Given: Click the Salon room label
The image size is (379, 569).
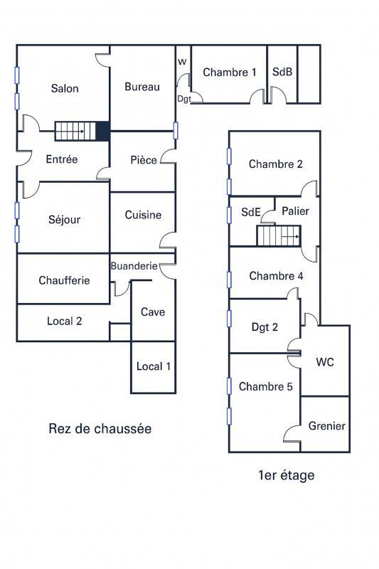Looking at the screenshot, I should [x=65, y=89].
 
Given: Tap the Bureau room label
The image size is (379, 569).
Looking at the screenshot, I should [x=142, y=87].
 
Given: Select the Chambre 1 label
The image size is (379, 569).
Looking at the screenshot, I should [x=230, y=72].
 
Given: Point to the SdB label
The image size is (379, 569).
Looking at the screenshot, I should [x=282, y=72].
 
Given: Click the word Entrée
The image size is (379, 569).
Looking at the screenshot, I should [x=62, y=159].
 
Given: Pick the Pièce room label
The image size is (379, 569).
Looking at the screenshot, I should [x=144, y=160].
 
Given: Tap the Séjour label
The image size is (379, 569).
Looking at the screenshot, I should [x=65, y=220].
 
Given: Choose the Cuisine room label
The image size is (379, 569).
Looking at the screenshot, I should [x=143, y=215].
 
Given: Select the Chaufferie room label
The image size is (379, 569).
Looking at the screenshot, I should [x=64, y=280].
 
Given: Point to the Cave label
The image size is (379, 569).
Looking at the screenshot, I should [x=153, y=312].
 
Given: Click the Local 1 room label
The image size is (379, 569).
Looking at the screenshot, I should [x=154, y=366].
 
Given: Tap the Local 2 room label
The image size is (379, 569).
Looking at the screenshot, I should [x=65, y=321].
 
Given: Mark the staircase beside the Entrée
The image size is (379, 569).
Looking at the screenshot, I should [x=75, y=132].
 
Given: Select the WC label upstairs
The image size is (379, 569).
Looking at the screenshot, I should [x=325, y=362].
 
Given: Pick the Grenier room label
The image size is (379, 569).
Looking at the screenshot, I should [x=327, y=426].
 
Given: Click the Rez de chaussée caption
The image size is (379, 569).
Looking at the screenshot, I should [x=100, y=428].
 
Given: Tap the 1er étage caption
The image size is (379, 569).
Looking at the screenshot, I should [x=287, y=475].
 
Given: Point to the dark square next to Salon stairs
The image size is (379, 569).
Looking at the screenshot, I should [x=102, y=132].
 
